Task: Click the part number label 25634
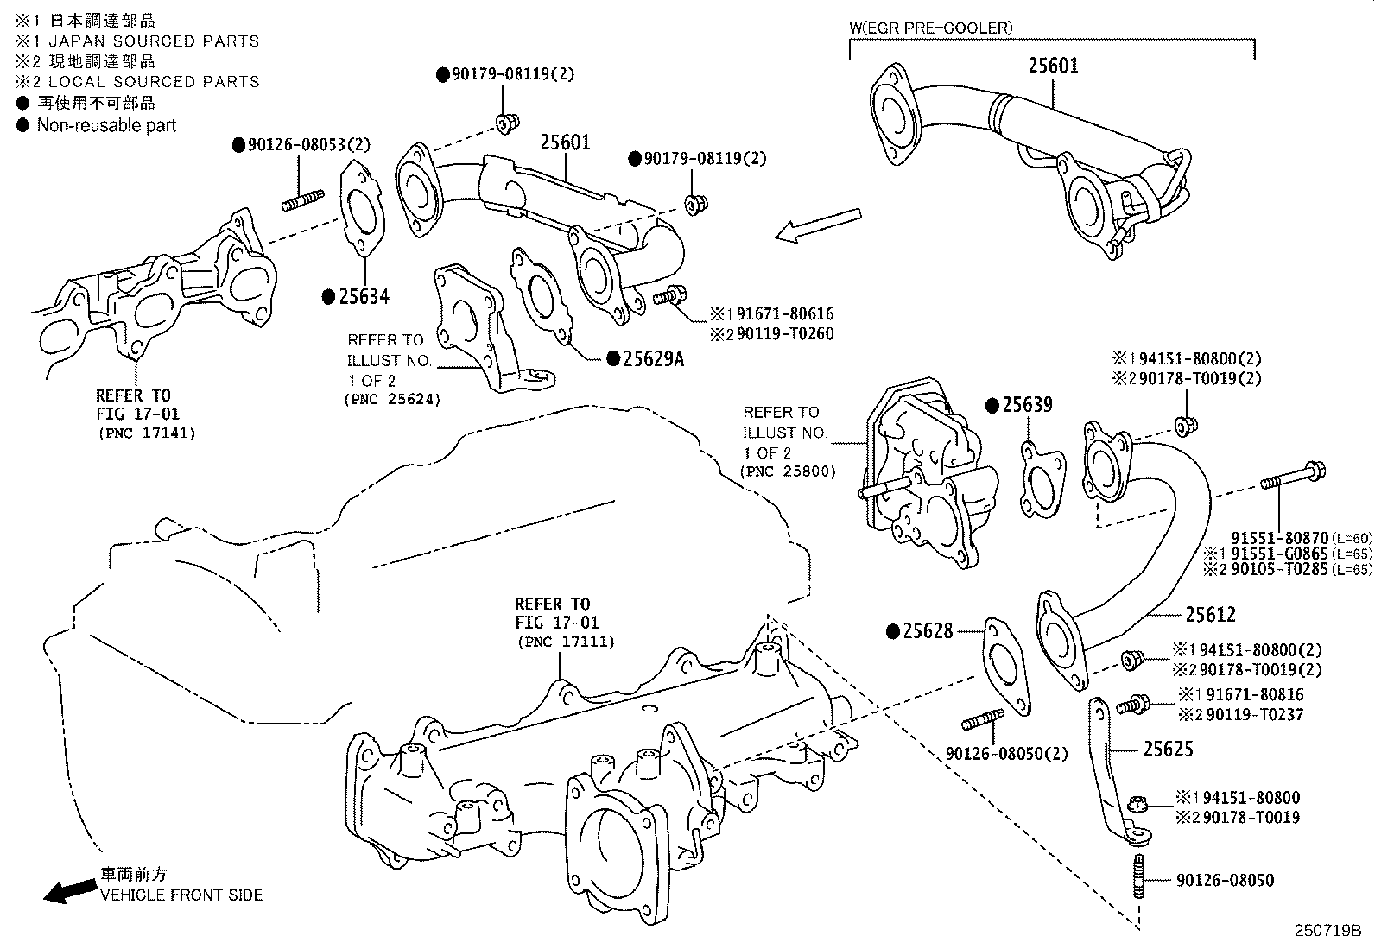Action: click(x=364, y=296)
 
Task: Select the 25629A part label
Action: click(x=652, y=358)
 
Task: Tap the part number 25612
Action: click(x=1209, y=614)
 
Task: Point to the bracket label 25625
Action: click(x=1168, y=749)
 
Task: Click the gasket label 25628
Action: click(x=928, y=631)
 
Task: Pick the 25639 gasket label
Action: click(x=1027, y=404)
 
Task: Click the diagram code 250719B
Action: click(x=1326, y=931)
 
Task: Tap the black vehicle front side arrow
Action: click(x=69, y=890)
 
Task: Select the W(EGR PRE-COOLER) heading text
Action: click(x=931, y=28)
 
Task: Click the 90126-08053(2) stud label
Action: click(x=301, y=145)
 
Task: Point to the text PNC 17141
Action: click(x=146, y=433)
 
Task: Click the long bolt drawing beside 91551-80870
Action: click(x=1293, y=476)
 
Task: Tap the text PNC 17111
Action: click(x=566, y=642)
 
